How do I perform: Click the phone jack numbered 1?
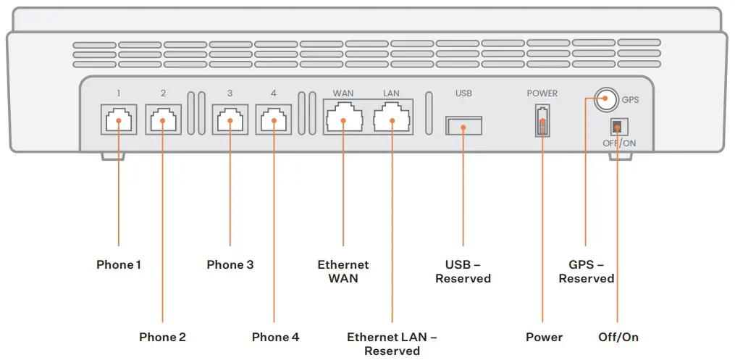(x=117, y=120)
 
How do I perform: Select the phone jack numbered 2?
(x=163, y=120)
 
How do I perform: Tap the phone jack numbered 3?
(x=230, y=120)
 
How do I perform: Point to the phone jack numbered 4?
(x=273, y=120)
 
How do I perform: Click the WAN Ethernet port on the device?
(x=344, y=118)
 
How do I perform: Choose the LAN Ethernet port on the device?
(x=391, y=118)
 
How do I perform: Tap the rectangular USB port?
(x=463, y=125)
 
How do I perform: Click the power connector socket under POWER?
(x=542, y=120)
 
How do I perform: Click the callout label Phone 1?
(x=118, y=265)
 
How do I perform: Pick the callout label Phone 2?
(x=162, y=338)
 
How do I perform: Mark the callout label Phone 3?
(x=230, y=265)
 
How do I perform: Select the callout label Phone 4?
(x=275, y=338)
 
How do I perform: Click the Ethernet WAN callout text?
(x=343, y=272)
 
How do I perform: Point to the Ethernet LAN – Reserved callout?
(x=392, y=344)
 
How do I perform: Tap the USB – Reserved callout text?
(x=463, y=272)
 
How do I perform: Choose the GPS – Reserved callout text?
(x=586, y=272)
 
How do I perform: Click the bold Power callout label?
(x=544, y=338)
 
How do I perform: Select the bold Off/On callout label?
(x=618, y=338)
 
